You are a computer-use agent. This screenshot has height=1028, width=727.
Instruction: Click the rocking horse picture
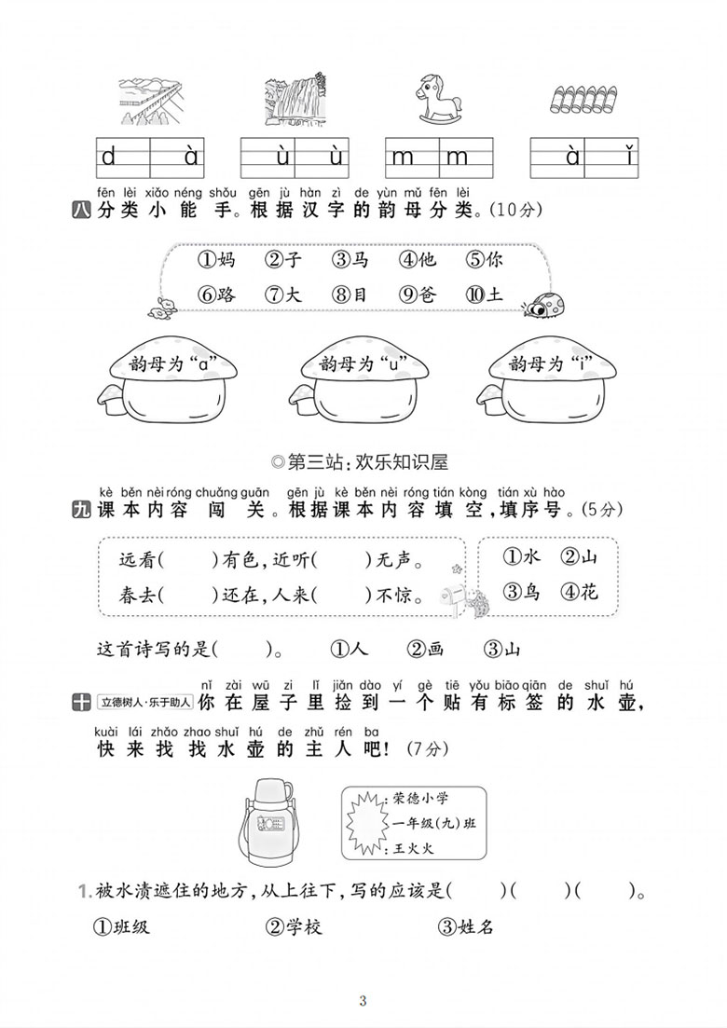[x=439, y=99]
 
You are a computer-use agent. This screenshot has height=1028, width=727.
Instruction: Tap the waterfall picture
[x=295, y=98]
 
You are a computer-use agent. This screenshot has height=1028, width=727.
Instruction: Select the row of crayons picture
[x=584, y=99]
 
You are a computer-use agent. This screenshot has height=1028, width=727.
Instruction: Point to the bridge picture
[x=150, y=102]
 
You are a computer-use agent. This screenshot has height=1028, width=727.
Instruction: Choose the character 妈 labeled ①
[x=217, y=260]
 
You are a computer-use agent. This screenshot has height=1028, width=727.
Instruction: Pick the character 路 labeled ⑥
[x=217, y=295]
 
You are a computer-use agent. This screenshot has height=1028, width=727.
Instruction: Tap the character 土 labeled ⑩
[x=485, y=295]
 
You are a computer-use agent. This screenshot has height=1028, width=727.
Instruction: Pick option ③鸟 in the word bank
[x=521, y=592]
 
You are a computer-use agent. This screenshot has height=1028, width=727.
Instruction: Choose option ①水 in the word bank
[x=521, y=556]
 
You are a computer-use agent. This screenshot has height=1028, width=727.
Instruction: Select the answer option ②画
[x=425, y=649]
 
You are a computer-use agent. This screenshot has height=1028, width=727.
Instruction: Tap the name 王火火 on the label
[x=414, y=848]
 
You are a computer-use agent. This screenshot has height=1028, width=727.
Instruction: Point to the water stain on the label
[x=366, y=823]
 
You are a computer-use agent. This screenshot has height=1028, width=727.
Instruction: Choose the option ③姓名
[x=466, y=926]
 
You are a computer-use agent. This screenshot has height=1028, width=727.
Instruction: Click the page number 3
[x=363, y=1001]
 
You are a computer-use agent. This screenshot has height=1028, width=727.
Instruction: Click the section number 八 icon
[x=81, y=212]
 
